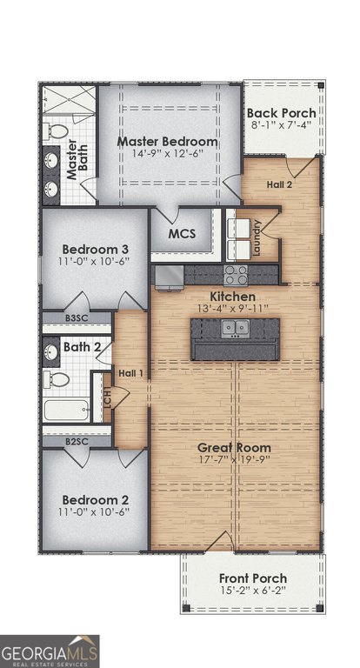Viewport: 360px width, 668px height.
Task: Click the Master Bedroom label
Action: coord(168,141)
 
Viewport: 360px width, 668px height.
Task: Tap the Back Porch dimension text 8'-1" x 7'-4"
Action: coord(281,124)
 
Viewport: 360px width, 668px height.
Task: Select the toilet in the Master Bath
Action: coord(56,130)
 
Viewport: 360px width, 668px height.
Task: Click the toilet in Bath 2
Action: coord(56,378)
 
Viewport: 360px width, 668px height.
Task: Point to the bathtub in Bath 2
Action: coord(66,410)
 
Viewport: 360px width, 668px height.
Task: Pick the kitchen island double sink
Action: coord(235,328)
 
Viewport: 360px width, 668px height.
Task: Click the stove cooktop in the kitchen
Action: coord(236,275)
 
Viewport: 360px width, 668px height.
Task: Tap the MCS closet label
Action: coord(182,234)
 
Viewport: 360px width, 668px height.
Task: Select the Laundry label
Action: coord(257,237)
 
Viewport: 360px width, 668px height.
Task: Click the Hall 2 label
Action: coord(279,184)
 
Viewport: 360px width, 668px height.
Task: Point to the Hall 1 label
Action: coord(130,374)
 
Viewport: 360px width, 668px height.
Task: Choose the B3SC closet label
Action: coord(77,317)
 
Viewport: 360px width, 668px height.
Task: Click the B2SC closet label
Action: coord(77,441)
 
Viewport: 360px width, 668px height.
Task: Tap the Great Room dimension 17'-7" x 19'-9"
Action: coord(234,459)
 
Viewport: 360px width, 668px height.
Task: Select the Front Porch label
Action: coord(253,578)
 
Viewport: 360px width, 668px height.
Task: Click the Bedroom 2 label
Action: coord(96,499)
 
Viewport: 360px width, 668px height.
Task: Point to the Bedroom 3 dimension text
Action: coord(94,261)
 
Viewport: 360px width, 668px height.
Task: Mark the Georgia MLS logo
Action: coord(50,651)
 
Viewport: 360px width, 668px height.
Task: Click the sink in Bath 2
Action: coord(51,351)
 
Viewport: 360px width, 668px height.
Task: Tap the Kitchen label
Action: coord(233,297)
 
